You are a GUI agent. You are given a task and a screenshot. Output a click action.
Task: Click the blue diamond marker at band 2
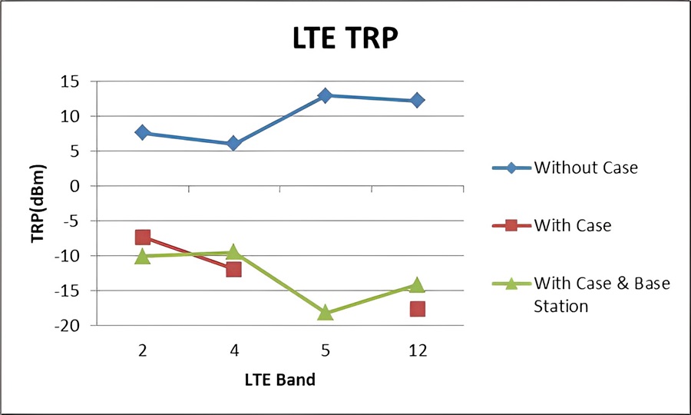coord(143,132)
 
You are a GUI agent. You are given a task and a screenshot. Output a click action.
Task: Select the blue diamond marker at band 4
coord(234,143)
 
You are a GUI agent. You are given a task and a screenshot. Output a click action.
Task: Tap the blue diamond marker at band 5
coord(326,95)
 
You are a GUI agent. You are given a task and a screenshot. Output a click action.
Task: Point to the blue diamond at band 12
coord(417,100)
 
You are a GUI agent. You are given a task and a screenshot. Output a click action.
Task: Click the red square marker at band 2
coord(143,237)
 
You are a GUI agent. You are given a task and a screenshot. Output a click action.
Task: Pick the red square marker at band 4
coord(234,269)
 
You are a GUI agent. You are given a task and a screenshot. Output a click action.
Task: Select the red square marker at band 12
coord(417,308)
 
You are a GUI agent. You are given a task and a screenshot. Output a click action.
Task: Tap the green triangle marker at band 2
coord(143,256)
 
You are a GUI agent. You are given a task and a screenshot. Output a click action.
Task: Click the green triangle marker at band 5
coord(326,312)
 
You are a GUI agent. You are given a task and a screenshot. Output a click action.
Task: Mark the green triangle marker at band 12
coord(417,285)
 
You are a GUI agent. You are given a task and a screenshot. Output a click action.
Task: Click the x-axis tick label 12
coord(417,350)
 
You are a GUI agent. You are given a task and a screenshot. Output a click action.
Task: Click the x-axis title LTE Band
coord(279,380)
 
